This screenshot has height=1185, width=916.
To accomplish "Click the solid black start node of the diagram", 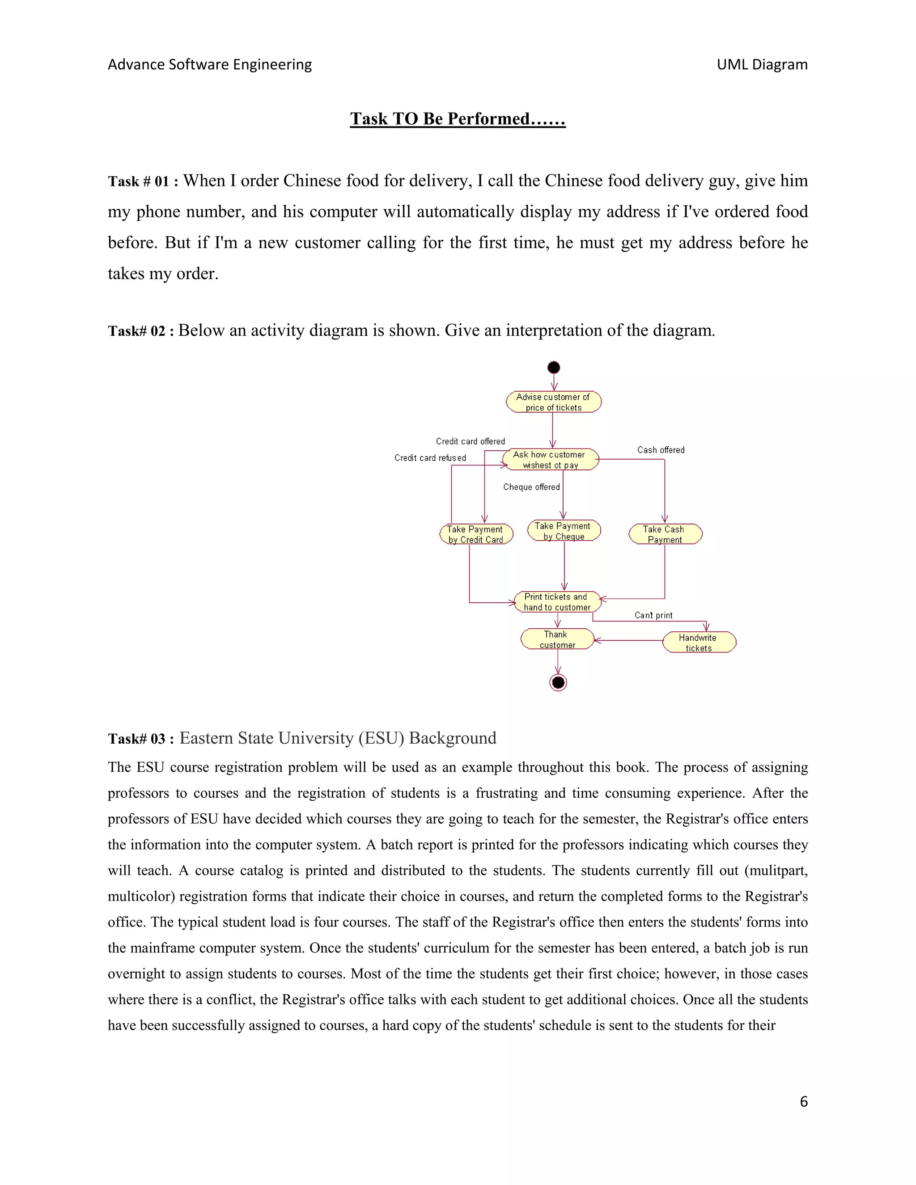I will point(554,367).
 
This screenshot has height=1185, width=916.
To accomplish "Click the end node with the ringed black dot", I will point(558,682).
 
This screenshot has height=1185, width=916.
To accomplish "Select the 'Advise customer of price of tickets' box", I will point(554,402).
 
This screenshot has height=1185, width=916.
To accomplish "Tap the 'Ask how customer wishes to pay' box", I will point(550,460).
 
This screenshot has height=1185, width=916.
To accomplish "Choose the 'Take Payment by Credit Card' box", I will point(476,534).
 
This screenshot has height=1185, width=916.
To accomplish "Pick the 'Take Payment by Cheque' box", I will point(564,531).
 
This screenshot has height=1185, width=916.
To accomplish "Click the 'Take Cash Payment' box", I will point(665,534).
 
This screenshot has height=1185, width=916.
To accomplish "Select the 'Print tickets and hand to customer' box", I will point(557,602).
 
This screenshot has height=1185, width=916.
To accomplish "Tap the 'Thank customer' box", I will point(557,639).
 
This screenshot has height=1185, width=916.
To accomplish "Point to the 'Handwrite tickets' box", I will point(698,643).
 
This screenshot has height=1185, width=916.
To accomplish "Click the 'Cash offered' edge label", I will point(661,450).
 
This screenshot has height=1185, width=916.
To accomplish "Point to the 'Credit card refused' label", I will point(430,458).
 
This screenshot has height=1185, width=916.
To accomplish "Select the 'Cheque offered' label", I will point(531,487).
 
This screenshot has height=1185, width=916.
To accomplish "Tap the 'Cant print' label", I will point(653,615).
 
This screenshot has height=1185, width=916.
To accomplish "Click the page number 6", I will point(804,1101).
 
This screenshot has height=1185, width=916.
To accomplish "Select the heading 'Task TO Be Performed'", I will point(458,119).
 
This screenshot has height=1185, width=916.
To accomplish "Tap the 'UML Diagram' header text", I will point(762,64).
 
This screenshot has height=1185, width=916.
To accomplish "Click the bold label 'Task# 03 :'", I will point(140,739).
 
